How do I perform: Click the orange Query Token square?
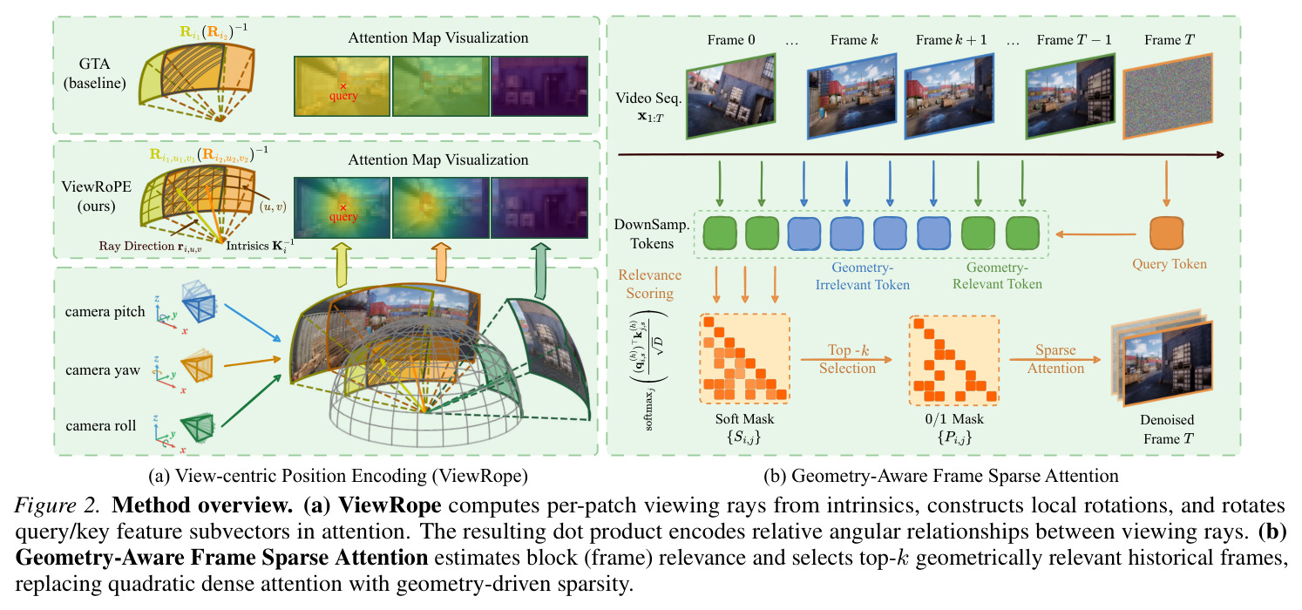[1166, 233]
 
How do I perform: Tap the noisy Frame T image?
[1168, 96]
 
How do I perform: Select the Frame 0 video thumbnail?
[730, 96]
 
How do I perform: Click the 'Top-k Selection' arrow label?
[847, 359]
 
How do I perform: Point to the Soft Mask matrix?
[744, 358]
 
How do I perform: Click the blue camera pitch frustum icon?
[199, 302]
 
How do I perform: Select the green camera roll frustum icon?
[198, 428]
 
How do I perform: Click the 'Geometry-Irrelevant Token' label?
[862, 276]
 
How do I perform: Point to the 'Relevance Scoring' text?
[649, 284]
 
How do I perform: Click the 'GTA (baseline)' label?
[94, 73]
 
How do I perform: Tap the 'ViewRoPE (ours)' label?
[96, 196]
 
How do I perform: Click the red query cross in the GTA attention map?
[343, 86]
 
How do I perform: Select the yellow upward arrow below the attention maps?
[342, 265]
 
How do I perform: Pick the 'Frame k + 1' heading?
[951, 39]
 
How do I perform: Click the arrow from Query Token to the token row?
[1095, 234]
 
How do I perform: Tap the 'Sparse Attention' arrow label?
[1055, 359]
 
